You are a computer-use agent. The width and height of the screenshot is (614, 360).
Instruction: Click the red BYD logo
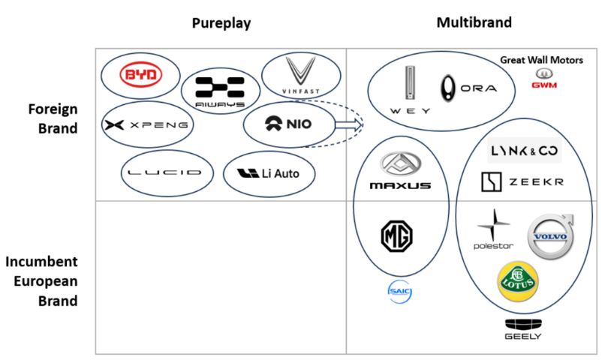click(x=141, y=76)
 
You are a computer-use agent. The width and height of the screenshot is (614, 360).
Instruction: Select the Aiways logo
click(x=220, y=91)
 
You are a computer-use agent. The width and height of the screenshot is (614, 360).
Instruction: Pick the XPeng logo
click(x=147, y=124)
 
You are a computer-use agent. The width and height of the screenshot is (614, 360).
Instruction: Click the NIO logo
click(x=288, y=125)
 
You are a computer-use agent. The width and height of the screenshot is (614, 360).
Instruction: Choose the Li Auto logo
click(x=268, y=174)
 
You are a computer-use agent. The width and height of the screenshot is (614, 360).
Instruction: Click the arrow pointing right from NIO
click(x=346, y=125)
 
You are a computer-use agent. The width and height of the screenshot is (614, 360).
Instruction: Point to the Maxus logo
click(x=400, y=171)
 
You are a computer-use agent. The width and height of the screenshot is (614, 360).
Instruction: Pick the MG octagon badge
click(x=399, y=237)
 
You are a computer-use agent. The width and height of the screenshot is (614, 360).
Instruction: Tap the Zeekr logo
click(x=522, y=181)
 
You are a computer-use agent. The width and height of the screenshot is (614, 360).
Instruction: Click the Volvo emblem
click(x=549, y=235)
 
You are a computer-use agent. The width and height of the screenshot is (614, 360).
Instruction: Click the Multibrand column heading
click(x=474, y=22)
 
